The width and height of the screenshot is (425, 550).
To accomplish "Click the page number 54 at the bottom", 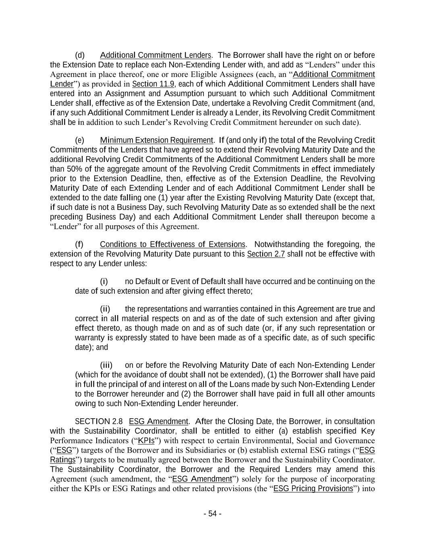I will point(212,514).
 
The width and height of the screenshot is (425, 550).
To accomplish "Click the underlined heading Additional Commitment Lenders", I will point(155,55).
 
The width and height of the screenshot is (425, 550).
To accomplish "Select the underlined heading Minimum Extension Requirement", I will point(156,140).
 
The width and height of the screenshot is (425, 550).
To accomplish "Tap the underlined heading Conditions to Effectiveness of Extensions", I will point(172,245).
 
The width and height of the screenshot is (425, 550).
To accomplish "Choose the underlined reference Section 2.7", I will point(265,254).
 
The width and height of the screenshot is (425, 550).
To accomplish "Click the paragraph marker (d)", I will point(80,55).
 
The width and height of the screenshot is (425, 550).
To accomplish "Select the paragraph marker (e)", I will point(80,140).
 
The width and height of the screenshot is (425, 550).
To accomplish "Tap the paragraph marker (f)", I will point(79,245).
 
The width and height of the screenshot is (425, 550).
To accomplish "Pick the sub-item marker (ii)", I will point(105,309).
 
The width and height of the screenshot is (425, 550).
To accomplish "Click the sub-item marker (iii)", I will point(106,365).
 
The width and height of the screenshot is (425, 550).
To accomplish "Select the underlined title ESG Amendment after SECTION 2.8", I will point(158,422).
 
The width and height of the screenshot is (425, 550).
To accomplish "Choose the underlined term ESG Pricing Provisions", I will point(313,489).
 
